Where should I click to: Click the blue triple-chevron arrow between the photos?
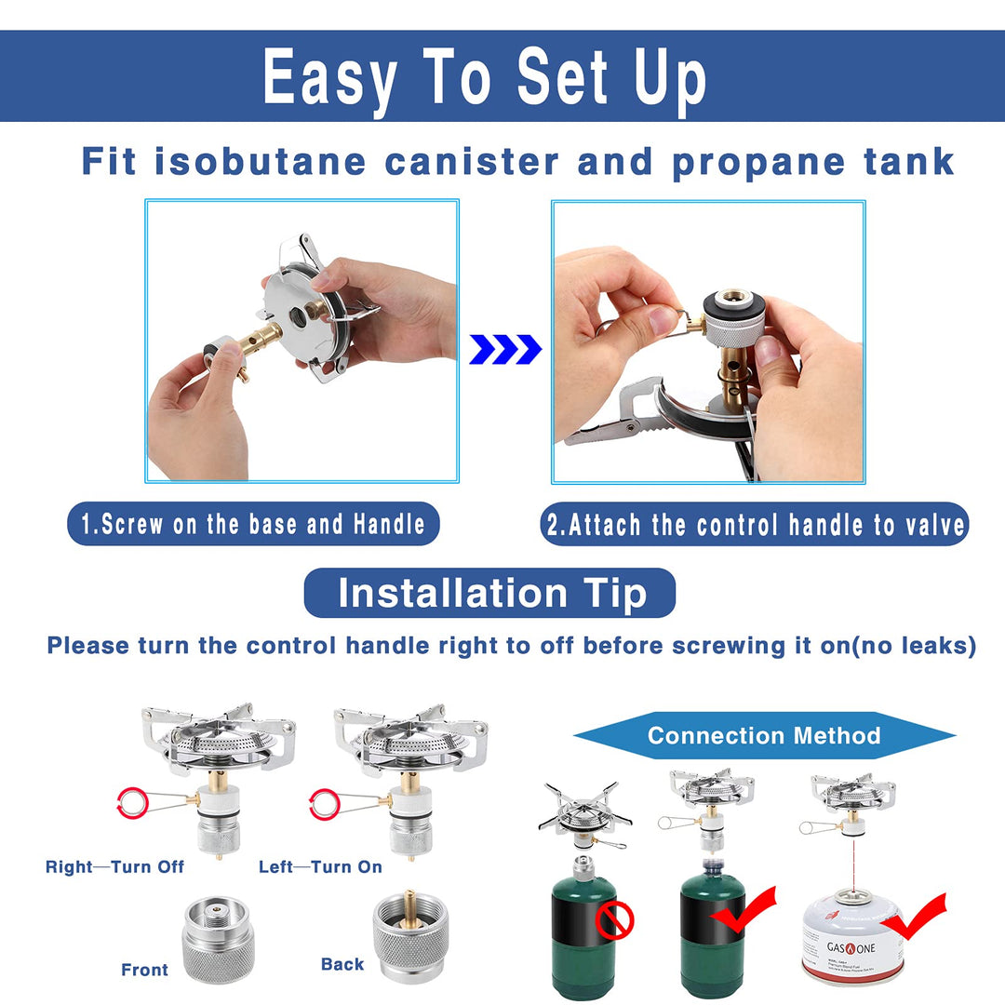pos(505,349)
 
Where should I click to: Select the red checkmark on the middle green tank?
pos(744,911)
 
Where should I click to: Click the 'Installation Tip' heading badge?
pos(489,593)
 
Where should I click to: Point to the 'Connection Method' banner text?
pos(763,736)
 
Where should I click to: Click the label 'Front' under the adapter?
pos(144,970)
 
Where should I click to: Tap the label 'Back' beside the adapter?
pos(342,964)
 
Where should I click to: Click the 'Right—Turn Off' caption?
pos(114,866)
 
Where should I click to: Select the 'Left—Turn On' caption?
pos(320,866)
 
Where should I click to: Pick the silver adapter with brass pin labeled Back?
pos(409,934)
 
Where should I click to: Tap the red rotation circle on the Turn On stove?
pos(324,802)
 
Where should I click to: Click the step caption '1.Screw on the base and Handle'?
pos(253,524)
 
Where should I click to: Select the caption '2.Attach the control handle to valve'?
pos(755,526)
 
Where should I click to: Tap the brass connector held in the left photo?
pos(255,342)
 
